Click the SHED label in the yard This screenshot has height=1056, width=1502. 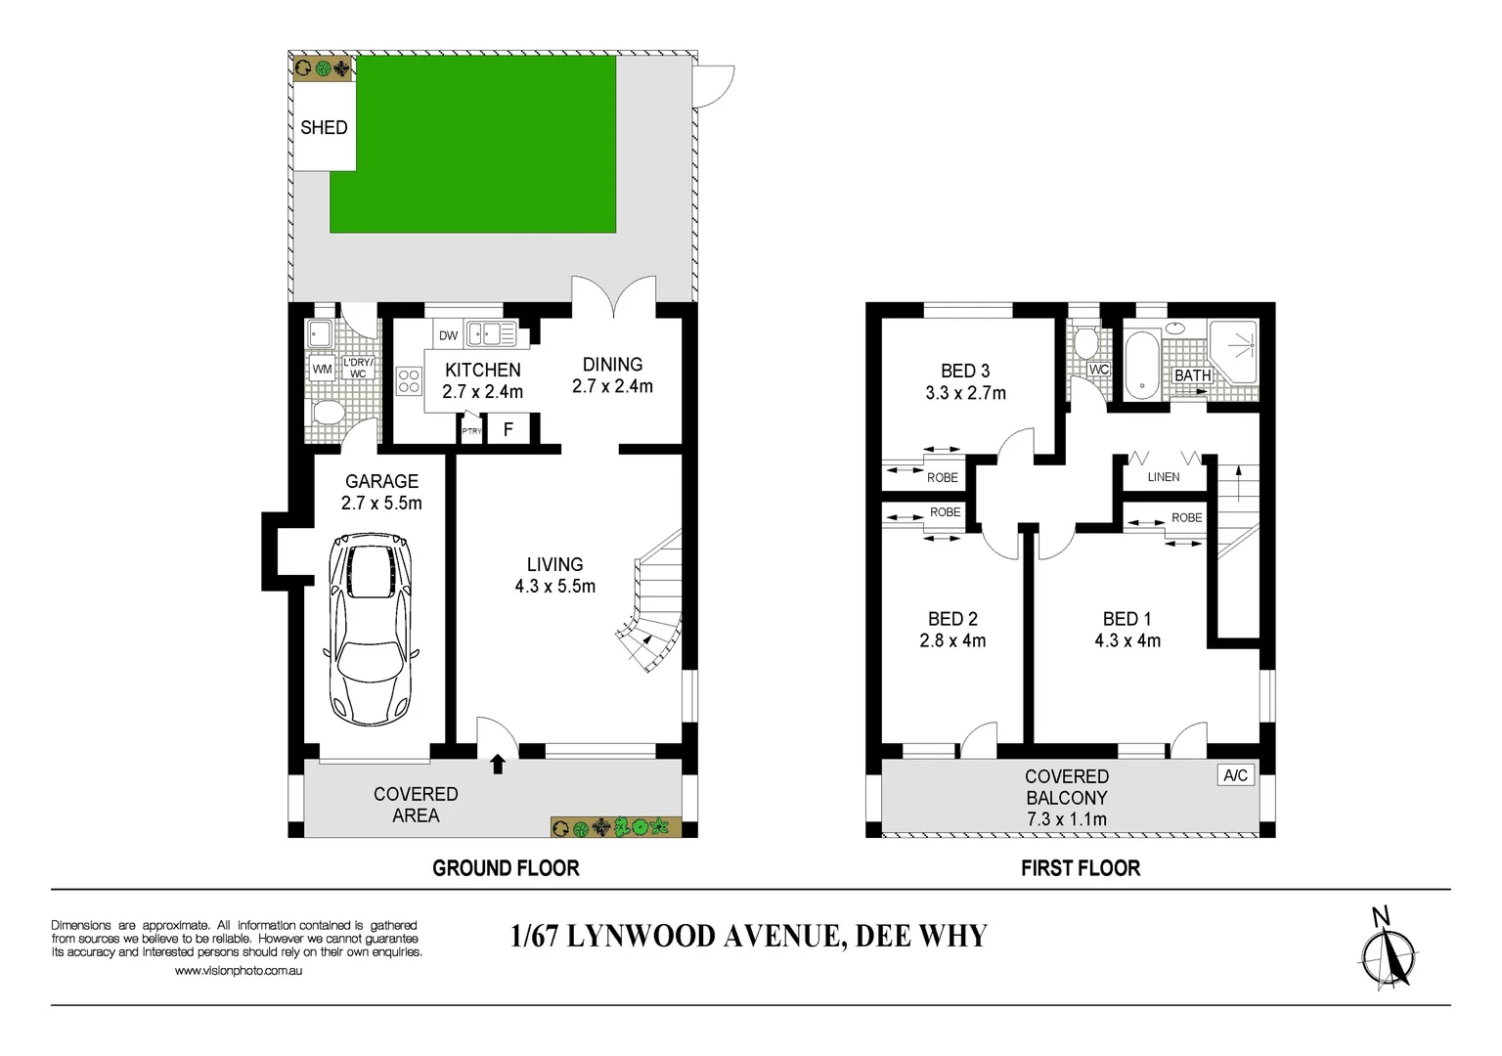pos(324,127)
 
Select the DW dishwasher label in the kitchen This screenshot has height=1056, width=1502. pos(448,335)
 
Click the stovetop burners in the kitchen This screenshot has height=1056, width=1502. pos(409,381)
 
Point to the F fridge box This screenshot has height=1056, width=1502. pos(508,429)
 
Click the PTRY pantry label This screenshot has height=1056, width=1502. pos(471,431)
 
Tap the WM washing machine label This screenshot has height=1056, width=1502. pos(322,369)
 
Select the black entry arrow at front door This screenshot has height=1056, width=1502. pos(498,764)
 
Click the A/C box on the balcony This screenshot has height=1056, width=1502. pos(1235,775)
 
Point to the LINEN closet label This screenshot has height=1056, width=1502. pos(1164,477)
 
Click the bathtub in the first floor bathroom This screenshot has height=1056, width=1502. pos(1141,364)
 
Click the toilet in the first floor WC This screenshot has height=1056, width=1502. pos(1084,343)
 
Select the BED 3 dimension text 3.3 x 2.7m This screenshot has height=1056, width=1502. pos(965,393)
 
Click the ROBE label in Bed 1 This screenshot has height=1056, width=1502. pos(1186,518)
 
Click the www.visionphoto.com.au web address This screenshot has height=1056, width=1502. pos(238,971)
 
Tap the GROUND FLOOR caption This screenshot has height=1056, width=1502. pos(506,868)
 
